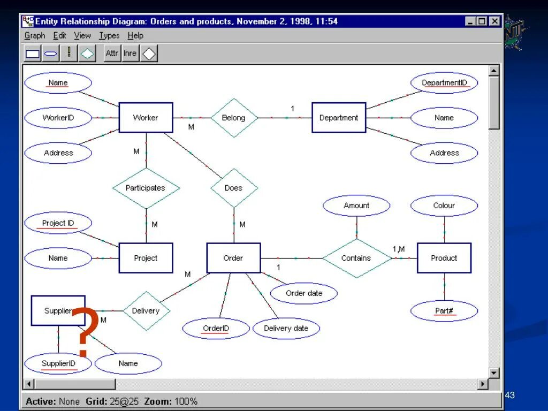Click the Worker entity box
[x=146, y=118]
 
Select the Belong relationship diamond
[x=234, y=118]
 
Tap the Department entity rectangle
[x=339, y=118]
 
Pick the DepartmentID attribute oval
[x=444, y=83]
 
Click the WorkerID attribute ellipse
[x=58, y=118]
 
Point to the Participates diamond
[x=146, y=188]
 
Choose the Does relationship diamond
[x=234, y=188]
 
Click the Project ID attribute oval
[x=58, y=223]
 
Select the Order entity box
[x=233, y=258]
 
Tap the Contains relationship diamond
[x=356, y=258]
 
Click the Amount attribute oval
[x=356, y=205]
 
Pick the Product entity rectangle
[x=444, y=258]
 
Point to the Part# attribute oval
[x=444, y=311]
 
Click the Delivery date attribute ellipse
[x=286, y=329]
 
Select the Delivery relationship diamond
[x=146, y=311]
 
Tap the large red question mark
[x=84, y=332]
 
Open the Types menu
[x=109, y=36]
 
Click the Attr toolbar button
[x=112, y=54]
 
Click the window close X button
[x=495, y=21]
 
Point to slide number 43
[x=509, y=395]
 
